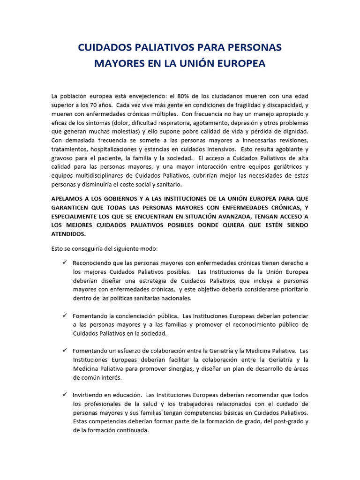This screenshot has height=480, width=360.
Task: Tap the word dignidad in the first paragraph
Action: [293, 131]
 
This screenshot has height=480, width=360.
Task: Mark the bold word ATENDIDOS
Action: [68, 234]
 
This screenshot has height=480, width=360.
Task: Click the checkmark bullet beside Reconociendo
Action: [65, 262]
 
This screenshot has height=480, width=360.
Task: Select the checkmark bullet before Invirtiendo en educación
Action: [65, 395]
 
